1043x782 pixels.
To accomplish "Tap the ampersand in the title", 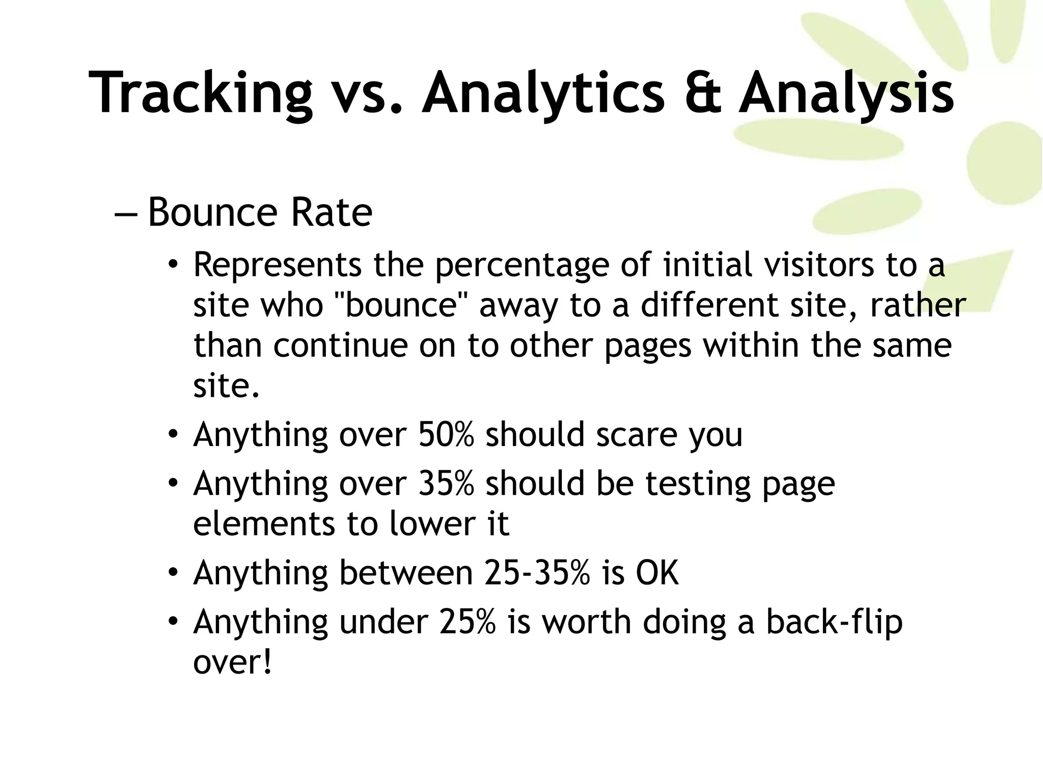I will [703, 93].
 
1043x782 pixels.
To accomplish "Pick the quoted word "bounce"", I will [402, 305].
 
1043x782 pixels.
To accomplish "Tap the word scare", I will [636, 436].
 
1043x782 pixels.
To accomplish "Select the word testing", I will [698, 484].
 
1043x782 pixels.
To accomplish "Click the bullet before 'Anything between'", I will [173, 573].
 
